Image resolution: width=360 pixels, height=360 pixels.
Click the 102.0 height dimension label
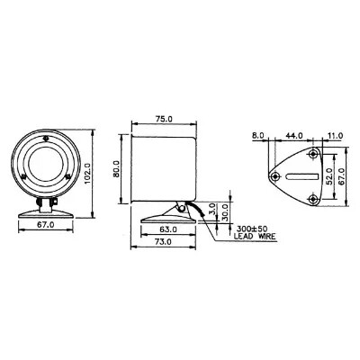[x=87, y=174]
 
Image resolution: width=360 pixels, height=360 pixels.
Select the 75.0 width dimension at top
[x=165, y=119]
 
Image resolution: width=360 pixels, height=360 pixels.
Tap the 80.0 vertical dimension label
[x=116, y=169]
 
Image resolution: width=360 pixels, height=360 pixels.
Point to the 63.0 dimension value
[x=168, y=229]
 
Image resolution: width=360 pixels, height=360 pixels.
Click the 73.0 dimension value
[x=164, y=241]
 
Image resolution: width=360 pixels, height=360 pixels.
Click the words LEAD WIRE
[x=255, y=237]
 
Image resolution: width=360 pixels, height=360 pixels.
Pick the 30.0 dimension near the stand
[x=226, y=211]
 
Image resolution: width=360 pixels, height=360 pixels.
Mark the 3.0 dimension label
[x=212, y=209]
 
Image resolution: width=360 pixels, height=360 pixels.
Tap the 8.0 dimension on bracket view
[x=257, y=136]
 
